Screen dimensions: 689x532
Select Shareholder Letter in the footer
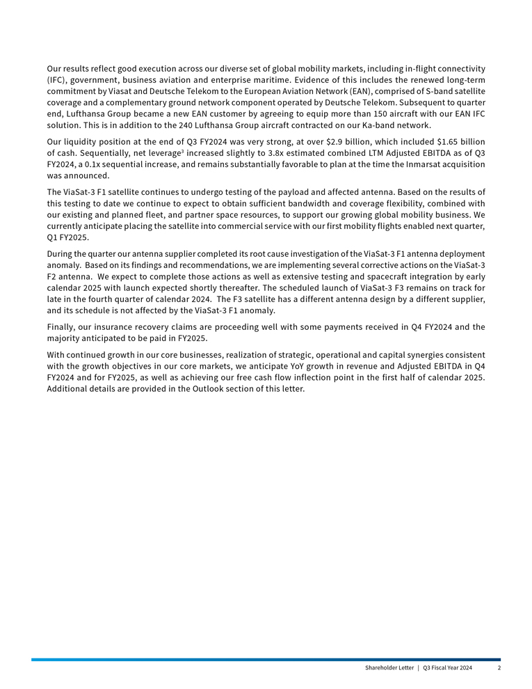(x=387, y=668)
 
